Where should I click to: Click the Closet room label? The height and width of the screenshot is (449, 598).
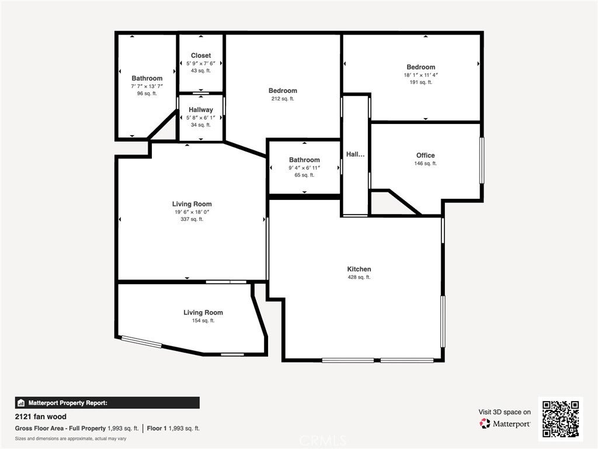coord(201,56)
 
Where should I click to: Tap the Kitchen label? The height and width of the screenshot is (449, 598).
coord(359,269)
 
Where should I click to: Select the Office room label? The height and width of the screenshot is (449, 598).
coord(425,156)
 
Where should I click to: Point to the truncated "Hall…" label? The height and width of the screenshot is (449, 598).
coord(355,154)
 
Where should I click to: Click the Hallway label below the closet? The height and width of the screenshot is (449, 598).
coord(201,110)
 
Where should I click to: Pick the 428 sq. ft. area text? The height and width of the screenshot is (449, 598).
coord(359,277)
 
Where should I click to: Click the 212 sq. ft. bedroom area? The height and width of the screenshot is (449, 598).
coord(283,98)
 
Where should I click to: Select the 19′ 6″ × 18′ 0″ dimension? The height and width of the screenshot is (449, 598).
coord(192,212)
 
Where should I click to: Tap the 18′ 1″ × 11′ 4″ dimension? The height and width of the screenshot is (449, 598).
coord(420,75)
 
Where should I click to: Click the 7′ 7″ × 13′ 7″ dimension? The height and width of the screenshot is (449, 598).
coord(147,87)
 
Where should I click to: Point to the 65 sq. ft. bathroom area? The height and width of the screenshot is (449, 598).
coord(304,175)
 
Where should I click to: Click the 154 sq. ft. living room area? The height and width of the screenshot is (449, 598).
coord(203,320)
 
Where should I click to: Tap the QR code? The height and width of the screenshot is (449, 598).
coord(561,419)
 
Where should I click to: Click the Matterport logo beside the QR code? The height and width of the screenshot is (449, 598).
coord(505,423)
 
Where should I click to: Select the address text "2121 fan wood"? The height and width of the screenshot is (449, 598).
coord(41,416)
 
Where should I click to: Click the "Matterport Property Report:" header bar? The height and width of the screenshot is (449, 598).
coord(107,403)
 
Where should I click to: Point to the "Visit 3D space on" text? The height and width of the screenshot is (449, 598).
coord(505,412)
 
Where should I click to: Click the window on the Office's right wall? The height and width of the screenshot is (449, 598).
coord(482,160)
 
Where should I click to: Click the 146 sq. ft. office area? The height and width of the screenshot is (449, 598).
coord(425,164)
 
